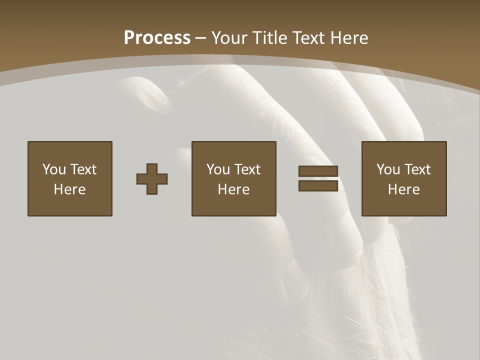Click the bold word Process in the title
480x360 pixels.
(157, 38)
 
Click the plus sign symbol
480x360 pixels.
(152, 179)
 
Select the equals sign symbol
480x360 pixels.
(318, 178)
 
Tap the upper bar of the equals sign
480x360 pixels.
(318, 171)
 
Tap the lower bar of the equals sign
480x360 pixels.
(318, 185)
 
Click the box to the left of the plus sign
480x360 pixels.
(70, 178)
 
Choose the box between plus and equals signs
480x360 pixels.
(234, 178)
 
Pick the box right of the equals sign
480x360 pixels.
(404, 178)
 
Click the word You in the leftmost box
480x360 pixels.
(54, 169)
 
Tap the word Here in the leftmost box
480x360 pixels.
(70, 189)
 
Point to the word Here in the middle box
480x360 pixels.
(234, 189)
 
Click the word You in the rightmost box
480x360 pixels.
(388, 169)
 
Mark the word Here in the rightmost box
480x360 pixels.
(404, 189)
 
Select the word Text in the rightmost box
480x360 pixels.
(417, 169)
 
